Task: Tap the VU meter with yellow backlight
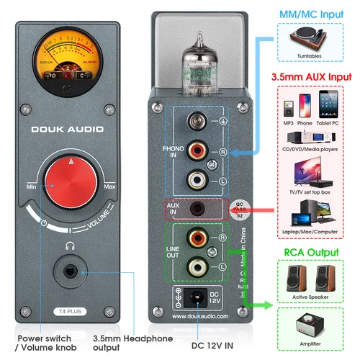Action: click(x=70, y=60)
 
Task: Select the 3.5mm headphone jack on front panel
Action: click(x=70, y=273)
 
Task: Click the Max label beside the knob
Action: click(x=109, y=188)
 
